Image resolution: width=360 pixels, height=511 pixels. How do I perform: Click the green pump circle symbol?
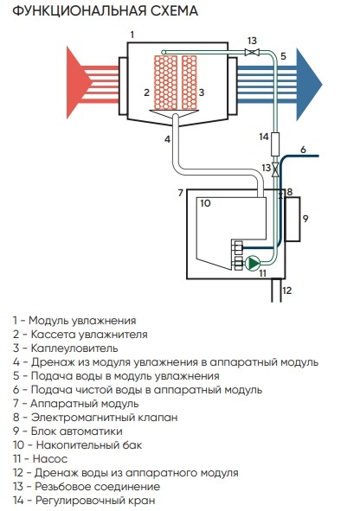pyautogui.click(x=253, y=264)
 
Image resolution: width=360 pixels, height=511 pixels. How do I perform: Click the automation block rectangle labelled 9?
pyautogui.click(x=292, y=219)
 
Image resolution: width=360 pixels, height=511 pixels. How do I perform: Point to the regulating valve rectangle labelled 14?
pyautogui.click(x=275, y=144)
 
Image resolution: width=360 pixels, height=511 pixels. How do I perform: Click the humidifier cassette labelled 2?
pyautogui.click(x=165, y=82)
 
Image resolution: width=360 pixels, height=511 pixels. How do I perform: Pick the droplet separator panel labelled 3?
pyautogui.click(x=190, y=82)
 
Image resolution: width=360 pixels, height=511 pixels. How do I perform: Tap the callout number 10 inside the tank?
pyautogui.click(x=205, y=203)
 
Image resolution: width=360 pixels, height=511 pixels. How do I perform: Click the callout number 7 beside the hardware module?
pyautogui.click(x=181, y=193)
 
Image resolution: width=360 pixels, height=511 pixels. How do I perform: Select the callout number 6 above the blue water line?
pyautogui.click(x=303, y=150)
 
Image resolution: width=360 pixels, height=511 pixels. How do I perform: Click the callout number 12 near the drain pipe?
pyautogui.click(x=286, y=291)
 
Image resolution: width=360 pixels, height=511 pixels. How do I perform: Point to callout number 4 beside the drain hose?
pyautogui.click(x=167, y=139)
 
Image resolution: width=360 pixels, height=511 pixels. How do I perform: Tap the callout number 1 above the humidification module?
pyautogui.click(x=132, y=35)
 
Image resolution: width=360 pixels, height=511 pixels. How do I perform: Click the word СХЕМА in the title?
pyautogui.click(x=174, y=10)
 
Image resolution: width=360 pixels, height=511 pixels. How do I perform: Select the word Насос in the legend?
pyautogui.click(x=50, y=459)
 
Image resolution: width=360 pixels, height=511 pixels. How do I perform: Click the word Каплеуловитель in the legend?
pyautogui.click(x=74, y=348)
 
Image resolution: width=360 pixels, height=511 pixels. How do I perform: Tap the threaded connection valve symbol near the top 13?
pyautogui.click(x=252, y=52)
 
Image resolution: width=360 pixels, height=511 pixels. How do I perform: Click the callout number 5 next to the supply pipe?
pyautogui.click(x=283, y=56)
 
